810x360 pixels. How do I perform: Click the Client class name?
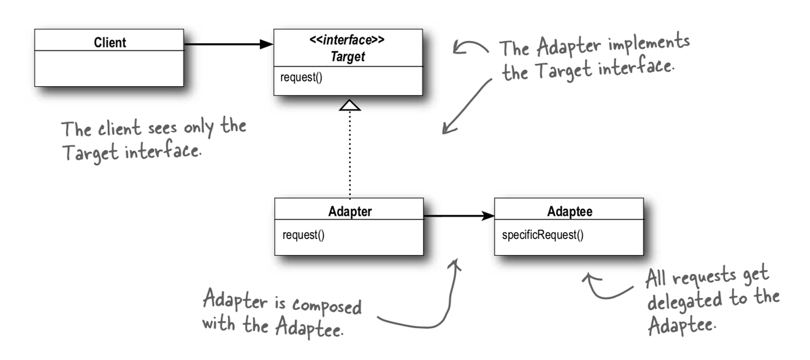click(x=109, y=42)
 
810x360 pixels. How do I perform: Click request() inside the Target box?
click(x=301, y=77)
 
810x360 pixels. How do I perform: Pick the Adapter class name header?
click(x=349, y=211)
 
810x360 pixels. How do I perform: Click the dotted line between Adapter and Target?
click(x=350, y=156)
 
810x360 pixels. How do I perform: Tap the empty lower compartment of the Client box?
click(x=109, y=68)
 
